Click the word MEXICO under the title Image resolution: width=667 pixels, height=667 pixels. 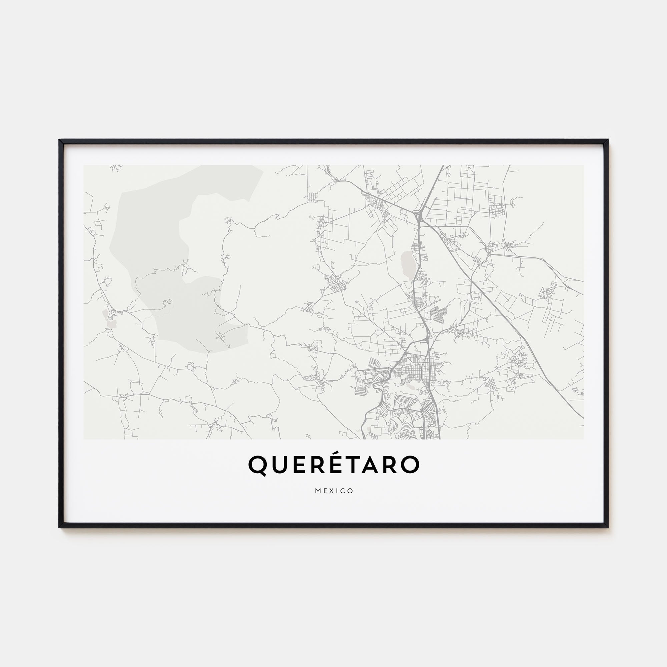click(334, 491)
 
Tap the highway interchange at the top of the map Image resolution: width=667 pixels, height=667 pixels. click(420, 217)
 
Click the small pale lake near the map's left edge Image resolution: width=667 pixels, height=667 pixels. click(111, 324)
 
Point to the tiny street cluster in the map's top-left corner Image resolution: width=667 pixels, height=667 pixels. click(117, 168)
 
